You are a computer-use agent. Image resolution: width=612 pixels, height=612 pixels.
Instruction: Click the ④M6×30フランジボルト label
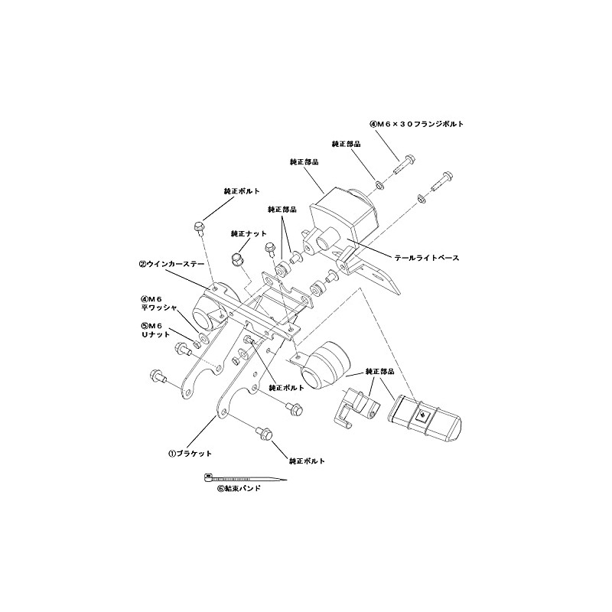tap(416, 124)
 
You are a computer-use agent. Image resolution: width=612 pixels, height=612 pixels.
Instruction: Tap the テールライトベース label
tap(427, 258)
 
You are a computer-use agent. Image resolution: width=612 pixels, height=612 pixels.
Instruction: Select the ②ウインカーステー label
tap(171, 264)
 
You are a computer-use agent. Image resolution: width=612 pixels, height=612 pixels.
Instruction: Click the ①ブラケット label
tap(190, 454)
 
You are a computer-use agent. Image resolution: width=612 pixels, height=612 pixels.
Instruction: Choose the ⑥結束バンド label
tap(239, 488)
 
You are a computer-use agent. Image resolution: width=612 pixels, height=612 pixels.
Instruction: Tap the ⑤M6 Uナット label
tap(155, 330)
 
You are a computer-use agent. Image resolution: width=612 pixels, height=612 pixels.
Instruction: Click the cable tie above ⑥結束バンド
tap(245, 477)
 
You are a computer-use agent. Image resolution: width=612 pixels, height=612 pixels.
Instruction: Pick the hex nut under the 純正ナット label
tap(237, 259)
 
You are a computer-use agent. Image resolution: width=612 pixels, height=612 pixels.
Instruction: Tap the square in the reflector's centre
tap(422, 416)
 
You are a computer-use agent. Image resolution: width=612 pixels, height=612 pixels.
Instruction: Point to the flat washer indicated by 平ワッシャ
tap(203, 337)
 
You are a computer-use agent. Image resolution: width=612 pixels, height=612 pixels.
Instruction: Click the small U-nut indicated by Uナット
tap(197, 344)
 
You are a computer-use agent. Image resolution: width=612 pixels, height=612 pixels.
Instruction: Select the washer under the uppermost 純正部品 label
tap(379, 184)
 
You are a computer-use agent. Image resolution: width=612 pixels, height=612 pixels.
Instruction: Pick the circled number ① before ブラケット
tap(171, 454)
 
